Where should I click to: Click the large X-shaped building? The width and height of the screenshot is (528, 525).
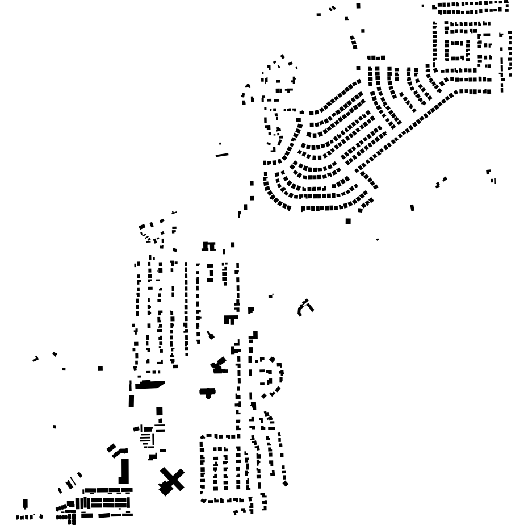(171, 481)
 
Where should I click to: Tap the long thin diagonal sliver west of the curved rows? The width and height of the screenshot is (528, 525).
(222, 155)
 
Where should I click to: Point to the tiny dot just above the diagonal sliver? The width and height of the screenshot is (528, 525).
(220, 144)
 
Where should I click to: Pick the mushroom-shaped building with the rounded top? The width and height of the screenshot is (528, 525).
(207, 392)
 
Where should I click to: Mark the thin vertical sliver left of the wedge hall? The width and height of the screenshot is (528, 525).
(130, 386)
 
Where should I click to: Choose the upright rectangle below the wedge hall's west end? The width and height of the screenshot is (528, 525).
(132, 401)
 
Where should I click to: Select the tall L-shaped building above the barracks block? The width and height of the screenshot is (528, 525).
(124, 472)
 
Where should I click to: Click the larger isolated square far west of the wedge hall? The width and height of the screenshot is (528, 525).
(100, 369)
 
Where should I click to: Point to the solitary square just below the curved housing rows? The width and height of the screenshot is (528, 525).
(348, 221)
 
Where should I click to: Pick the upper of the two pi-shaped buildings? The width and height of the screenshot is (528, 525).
(209, 246)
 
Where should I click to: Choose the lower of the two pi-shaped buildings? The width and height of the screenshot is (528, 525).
(229, 320)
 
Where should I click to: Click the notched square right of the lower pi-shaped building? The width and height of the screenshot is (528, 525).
(251, 310)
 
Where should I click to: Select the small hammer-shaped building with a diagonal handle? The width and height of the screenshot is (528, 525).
(210, 335)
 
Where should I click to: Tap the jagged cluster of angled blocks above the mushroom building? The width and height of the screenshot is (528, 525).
(218, 365)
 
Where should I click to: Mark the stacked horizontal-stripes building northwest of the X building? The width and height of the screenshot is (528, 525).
(147, 438)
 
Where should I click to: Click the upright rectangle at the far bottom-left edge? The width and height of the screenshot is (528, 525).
(25, 504)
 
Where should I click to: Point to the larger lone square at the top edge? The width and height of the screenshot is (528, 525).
(358, 6)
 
